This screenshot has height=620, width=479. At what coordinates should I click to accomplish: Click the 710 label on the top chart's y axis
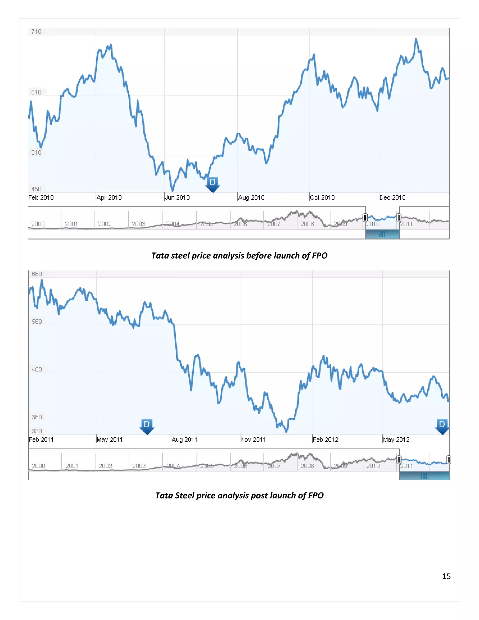coord(36,32)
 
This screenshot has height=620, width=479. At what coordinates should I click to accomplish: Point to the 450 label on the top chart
coord(36,189)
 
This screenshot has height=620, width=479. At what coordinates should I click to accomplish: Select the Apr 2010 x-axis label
coord(109,198)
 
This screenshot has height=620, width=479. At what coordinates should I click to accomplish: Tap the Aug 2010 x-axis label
coord(251,198)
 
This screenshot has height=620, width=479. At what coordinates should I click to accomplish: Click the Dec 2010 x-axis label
coord(392,198)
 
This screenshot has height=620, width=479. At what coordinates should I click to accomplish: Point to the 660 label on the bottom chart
coord(37,274)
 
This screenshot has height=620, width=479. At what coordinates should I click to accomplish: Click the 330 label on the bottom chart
coord(37,431)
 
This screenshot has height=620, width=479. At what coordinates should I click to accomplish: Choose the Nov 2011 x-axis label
coord(253,440)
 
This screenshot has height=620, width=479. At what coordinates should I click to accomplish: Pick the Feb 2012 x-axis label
coord(326,440)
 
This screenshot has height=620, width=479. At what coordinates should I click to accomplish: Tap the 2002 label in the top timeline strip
coord(105,224)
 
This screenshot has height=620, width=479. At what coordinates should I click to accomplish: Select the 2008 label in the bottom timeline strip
coord(307,466)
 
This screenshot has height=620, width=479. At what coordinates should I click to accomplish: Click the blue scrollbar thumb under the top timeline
coord(382,234)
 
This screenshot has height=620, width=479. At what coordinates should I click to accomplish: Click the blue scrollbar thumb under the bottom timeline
coord(424,476)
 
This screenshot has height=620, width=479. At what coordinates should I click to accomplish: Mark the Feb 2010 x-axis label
coord(41,198)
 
